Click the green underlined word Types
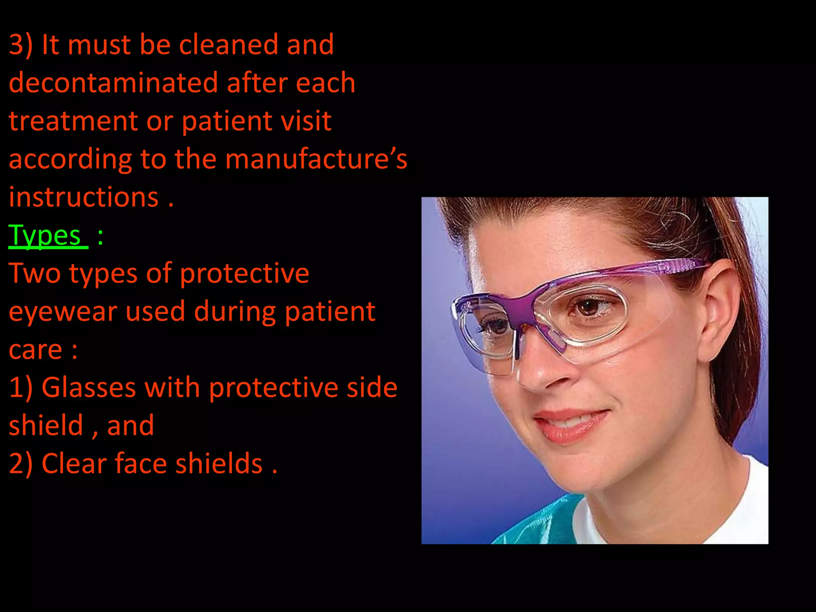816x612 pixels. (x=45, y=236)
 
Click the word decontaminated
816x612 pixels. (x=112, y=83)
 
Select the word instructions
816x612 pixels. (x=84, y=197)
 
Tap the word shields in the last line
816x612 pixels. (x=219, y=464)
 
